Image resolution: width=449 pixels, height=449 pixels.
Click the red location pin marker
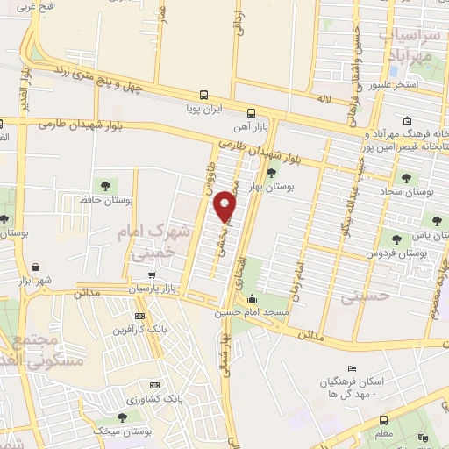224,207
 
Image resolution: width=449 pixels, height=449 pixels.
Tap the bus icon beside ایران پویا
204,95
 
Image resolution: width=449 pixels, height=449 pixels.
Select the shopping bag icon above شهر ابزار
34,267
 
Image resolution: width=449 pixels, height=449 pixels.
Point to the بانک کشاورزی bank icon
154,385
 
